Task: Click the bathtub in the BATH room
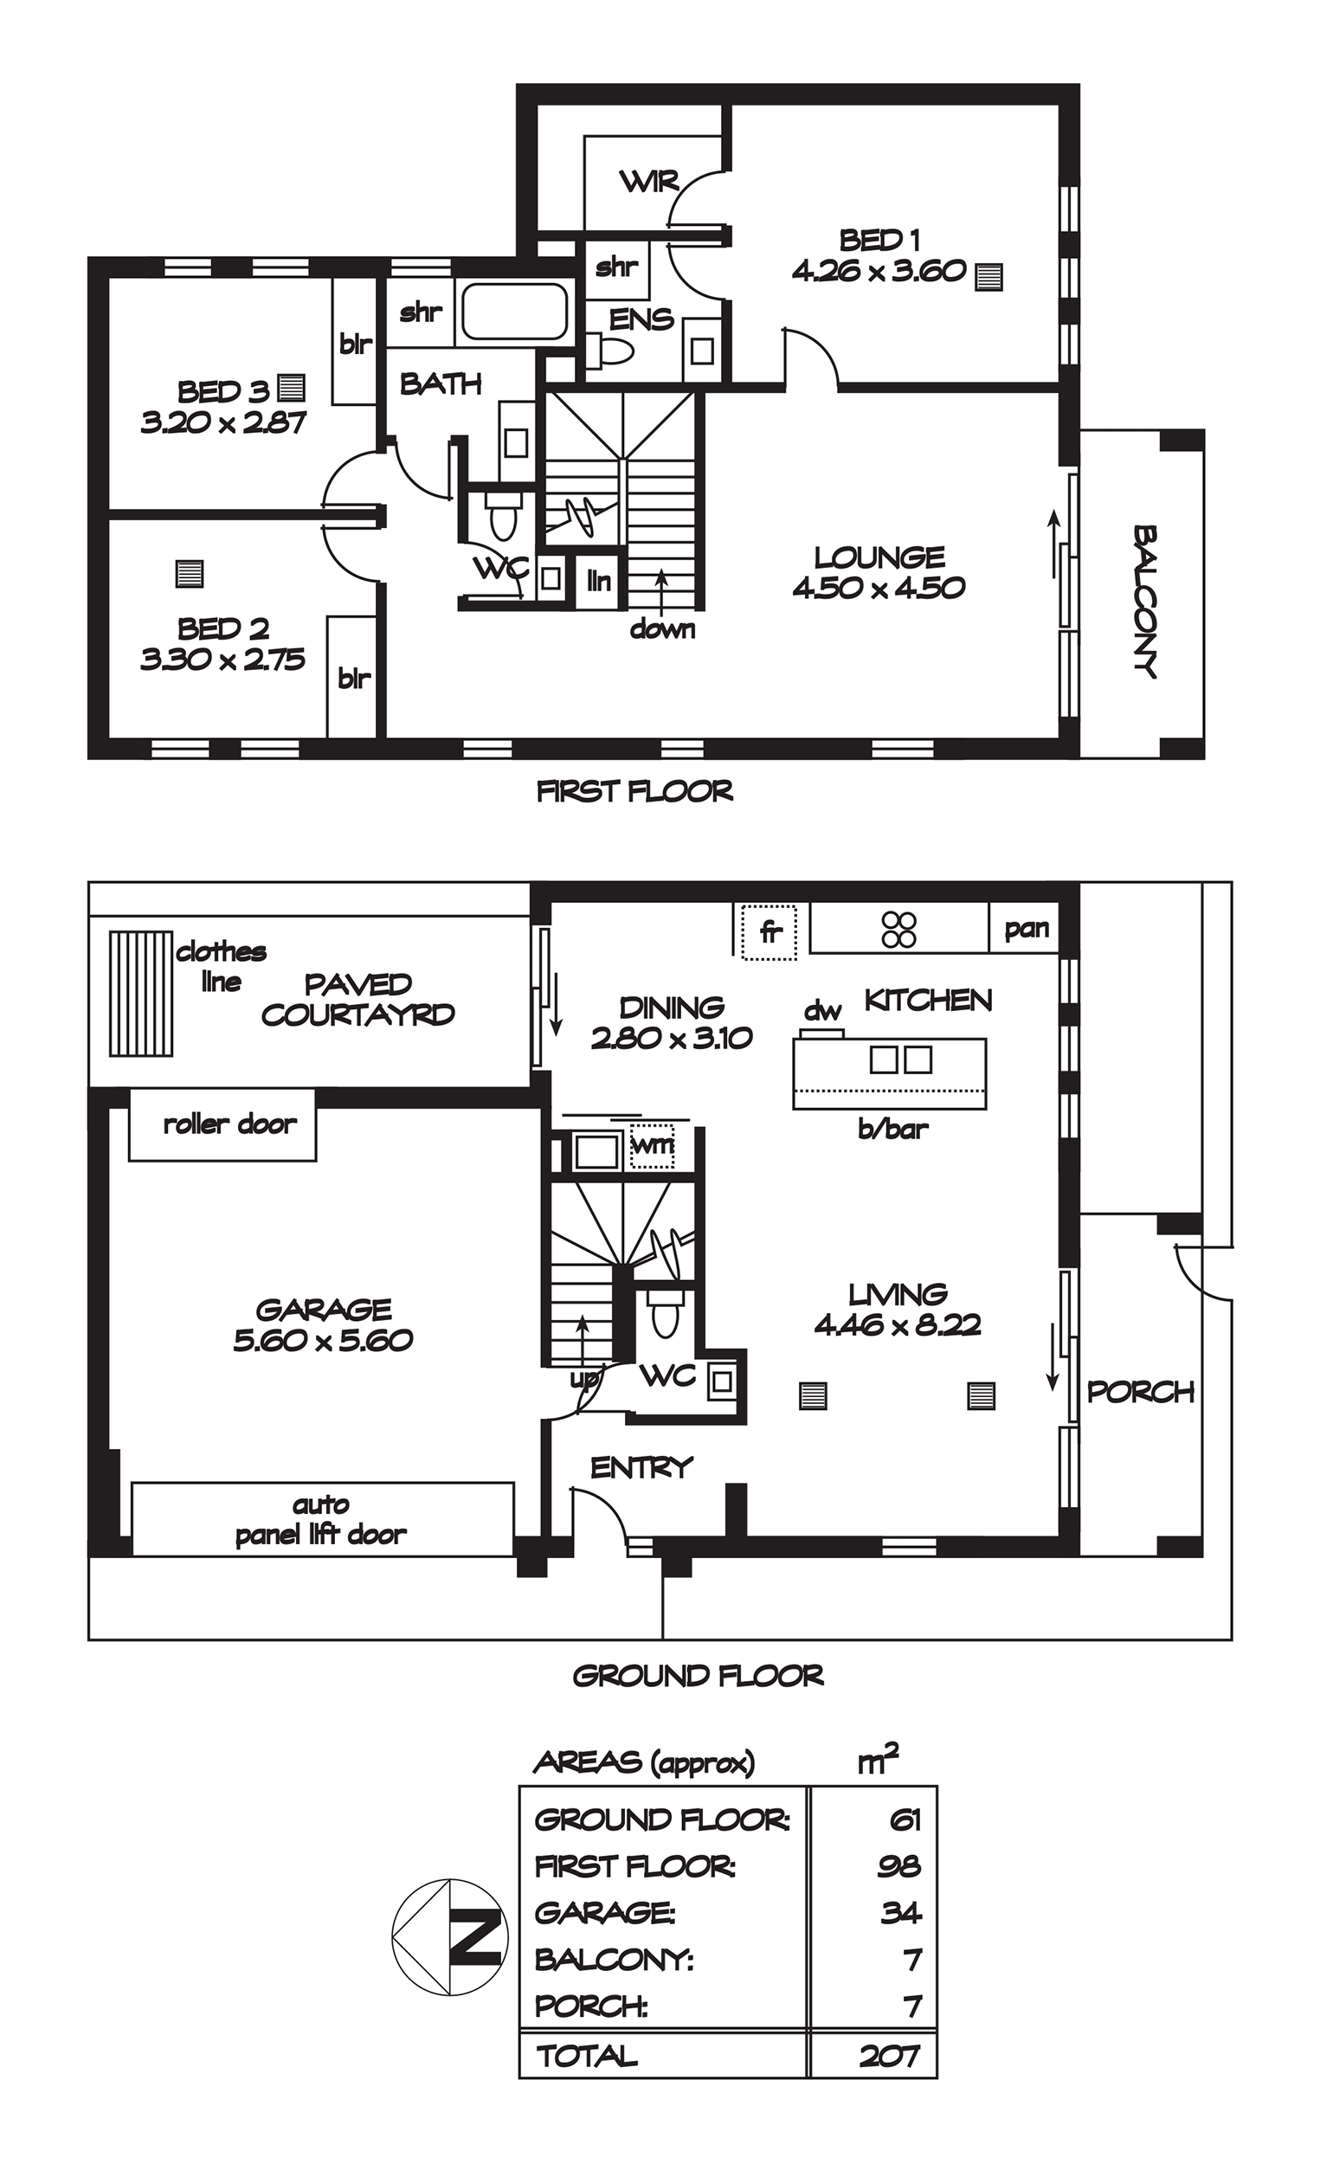coord(515,311)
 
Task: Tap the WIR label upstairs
coord(650,182)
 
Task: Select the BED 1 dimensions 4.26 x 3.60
coord(879,270)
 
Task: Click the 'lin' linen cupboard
coord(599,581)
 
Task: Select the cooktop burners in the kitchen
coord(899,929)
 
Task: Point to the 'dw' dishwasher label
coord(823,1011)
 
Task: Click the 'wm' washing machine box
coord(652,1146)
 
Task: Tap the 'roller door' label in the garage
coord(230,1124)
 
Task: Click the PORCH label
coord(1140,1391)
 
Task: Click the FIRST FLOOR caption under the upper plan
coord(634,791)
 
